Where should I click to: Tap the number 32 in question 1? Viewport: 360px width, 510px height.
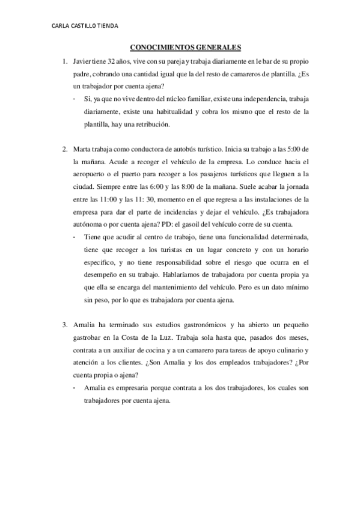pyautogui.click(x=120, y=62)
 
